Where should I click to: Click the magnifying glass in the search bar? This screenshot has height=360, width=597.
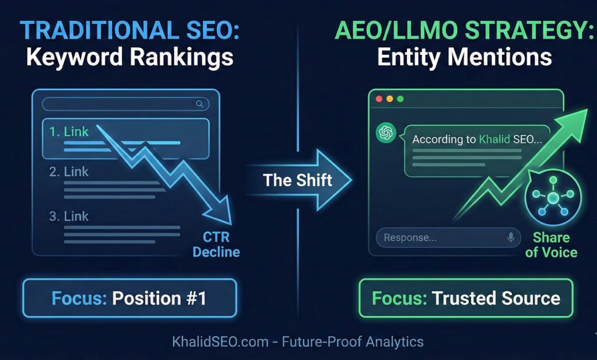(200, 104)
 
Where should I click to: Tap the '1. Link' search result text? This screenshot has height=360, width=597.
(69, 132)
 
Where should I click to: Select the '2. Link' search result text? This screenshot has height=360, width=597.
(69, 172)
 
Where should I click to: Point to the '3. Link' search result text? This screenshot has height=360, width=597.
(69, 216)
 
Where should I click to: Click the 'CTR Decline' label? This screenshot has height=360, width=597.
(216, 245)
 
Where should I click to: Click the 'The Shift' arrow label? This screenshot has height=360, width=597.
(297, 180)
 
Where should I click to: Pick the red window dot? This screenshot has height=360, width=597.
(379, 99)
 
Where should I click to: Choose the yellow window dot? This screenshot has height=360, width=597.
(389, 99)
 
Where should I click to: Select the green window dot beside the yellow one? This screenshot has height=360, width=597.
(400, 99)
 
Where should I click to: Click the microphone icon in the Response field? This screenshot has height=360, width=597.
(511, 237)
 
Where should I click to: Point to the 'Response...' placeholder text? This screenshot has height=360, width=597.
(410, 237)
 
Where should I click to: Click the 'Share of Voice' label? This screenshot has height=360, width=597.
(551, 245)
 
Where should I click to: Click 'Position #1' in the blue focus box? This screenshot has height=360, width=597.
(159, 298)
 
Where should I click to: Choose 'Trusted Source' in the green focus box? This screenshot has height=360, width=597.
(496, 298)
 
